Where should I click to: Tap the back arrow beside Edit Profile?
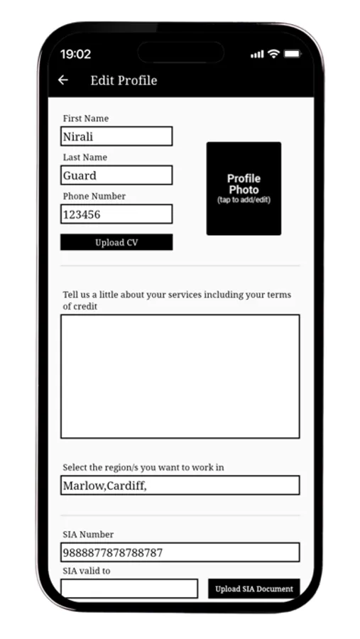63,80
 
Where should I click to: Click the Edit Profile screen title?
124,80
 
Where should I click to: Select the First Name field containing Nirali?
116,136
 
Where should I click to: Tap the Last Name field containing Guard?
116,175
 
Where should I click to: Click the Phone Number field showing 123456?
116,214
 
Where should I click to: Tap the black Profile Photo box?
244,188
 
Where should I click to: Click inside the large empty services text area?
180,376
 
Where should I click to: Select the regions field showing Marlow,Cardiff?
180,486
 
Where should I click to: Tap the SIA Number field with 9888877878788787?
180,552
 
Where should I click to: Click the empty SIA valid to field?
129,589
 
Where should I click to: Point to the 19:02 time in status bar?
75,54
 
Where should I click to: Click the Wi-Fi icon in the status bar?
273,54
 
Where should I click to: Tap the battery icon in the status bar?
292,54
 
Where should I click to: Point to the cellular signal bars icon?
257,55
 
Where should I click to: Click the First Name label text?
86,119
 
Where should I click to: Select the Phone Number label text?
94,196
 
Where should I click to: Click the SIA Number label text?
88,535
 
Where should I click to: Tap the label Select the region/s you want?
143,467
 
